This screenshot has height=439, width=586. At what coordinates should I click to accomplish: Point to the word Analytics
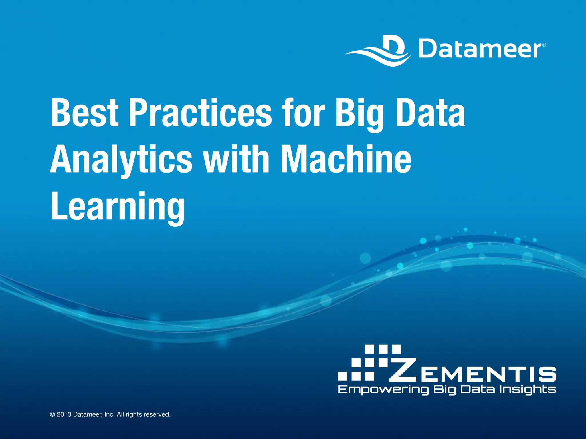121,160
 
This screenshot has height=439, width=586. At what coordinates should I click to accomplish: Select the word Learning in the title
118,207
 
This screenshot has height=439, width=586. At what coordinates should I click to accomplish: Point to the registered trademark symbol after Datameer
544,45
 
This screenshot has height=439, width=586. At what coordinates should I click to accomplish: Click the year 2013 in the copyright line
64,414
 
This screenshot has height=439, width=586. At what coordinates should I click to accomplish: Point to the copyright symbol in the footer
52,414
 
